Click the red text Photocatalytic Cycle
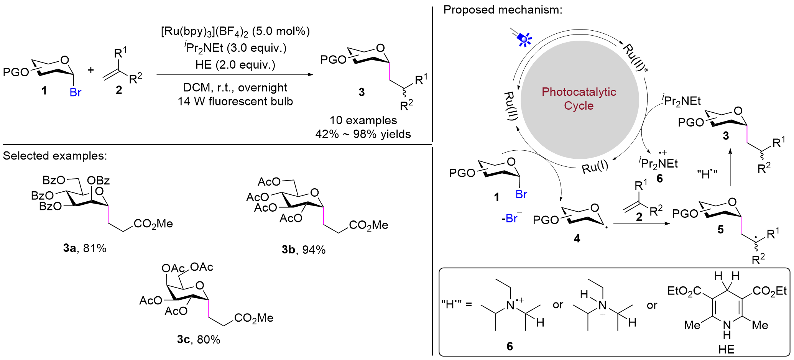click(x=579, y=99)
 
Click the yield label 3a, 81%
click(x=85, y=248)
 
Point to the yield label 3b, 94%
click(x=304, y=250)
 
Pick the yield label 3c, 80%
click(x=199, y=340)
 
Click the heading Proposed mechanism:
click(x=503, y=10)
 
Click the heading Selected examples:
click(x=55, y=156)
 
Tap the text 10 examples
click(x=363, y=120)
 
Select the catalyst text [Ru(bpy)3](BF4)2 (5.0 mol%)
click(x=235, y=31)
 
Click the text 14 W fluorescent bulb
click(x=235, y=102)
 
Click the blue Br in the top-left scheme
click(x=76, y=93)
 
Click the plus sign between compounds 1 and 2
click(x=91, y=70)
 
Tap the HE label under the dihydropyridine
click(x=727, y=350)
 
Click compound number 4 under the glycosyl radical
click(x=577, y=238)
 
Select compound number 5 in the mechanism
click(x=720, y=229)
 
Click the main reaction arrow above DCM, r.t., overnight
click(x=235, y=74)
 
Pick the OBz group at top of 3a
click(x=99, y=180)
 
